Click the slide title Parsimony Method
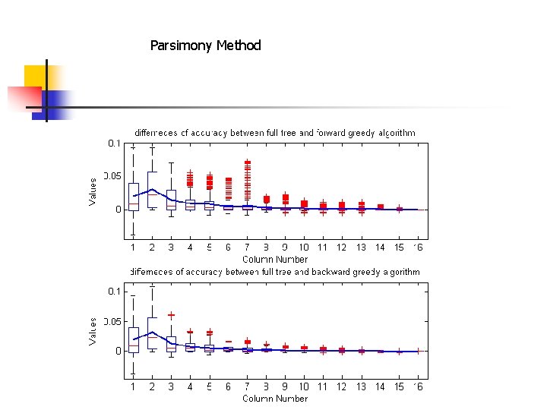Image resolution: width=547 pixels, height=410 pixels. pos(205,46)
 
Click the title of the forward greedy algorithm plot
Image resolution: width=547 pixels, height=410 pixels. pos(274,133)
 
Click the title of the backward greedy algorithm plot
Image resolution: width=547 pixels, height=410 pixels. pos(274,272)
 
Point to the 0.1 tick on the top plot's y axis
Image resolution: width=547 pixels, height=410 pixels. pos(113,143)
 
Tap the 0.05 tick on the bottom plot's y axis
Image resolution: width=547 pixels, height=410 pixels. pos(111,322)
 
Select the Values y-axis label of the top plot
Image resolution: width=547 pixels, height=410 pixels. pos(93,191)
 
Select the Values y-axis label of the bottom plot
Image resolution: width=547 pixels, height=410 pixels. pos(93,331)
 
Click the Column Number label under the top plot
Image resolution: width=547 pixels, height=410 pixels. pos(275,259)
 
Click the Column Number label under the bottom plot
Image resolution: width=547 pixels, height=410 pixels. pos(275,399)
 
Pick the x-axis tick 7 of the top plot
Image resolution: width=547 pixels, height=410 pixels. pos(247,248)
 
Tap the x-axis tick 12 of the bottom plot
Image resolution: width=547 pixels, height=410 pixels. pos(342,387)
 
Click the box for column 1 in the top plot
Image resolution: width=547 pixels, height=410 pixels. pos(134,196)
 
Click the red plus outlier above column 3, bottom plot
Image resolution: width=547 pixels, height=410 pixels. pos(172,314)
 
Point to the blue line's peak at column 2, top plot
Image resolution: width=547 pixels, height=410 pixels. pos(153,189)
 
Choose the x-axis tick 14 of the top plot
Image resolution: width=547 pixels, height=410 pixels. pos(380,248)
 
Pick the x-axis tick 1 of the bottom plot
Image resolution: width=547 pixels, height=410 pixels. pos(134,387)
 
